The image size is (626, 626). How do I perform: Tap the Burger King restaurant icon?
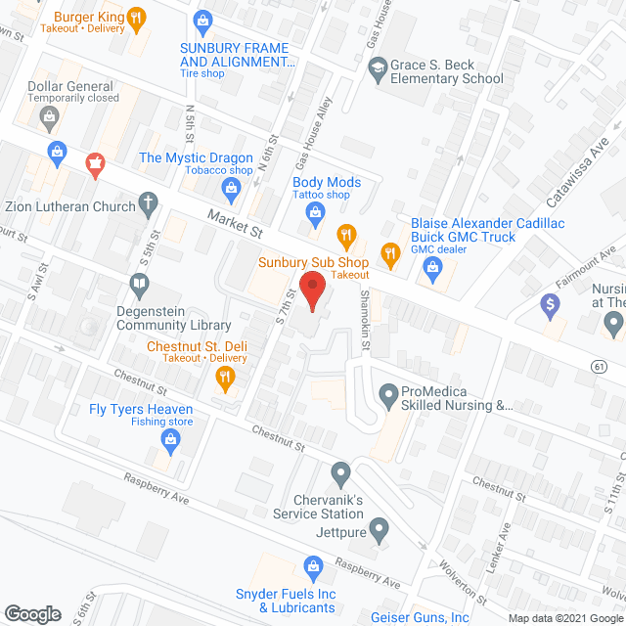[137, 17]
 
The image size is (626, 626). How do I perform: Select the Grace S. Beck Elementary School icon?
[378, 67]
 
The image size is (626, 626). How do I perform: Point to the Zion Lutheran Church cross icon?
[149, 204]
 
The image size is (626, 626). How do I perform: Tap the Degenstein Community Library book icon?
[139, 285]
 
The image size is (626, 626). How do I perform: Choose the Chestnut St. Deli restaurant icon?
[226, 377]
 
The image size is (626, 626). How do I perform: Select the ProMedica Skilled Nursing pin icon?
[387, 397]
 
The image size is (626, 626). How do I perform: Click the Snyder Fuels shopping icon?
[313, 564]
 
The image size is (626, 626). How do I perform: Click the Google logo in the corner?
[32, 613]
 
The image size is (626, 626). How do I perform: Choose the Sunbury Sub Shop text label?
[313, 262]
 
